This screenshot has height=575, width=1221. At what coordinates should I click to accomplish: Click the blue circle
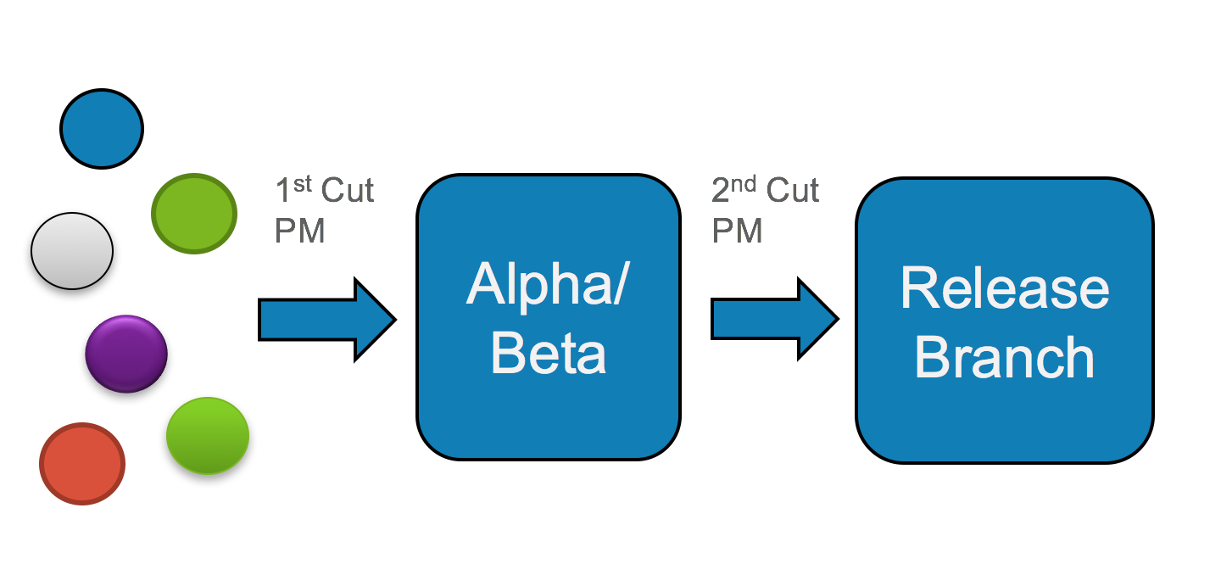click(102, 129)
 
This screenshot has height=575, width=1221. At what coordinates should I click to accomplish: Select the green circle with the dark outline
click(193, 213)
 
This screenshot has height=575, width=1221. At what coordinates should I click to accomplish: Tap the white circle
click(72, 251)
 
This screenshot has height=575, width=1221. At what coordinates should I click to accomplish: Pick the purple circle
click(126, 354)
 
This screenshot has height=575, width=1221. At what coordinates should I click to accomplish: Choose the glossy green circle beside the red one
click(208, 435)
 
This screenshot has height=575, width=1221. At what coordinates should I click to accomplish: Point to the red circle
click(82, 464)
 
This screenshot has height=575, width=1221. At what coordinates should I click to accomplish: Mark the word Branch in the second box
click(1005, 357)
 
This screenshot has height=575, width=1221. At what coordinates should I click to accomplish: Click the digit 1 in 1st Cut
click(283, 191)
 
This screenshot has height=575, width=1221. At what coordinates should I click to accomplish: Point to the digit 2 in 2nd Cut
click(721, 191)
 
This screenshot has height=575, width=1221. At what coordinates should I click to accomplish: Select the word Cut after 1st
click(348, 191)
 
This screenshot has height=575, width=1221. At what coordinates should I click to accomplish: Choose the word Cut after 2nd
click(793, 191)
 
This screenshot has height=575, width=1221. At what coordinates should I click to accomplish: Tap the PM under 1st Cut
click(299, 230)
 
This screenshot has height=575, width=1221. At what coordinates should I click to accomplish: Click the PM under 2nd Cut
click(737, 230)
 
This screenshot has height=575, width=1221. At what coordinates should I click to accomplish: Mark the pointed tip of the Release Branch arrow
click(836, 320)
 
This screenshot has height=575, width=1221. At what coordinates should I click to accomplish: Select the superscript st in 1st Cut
click(303, 184)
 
